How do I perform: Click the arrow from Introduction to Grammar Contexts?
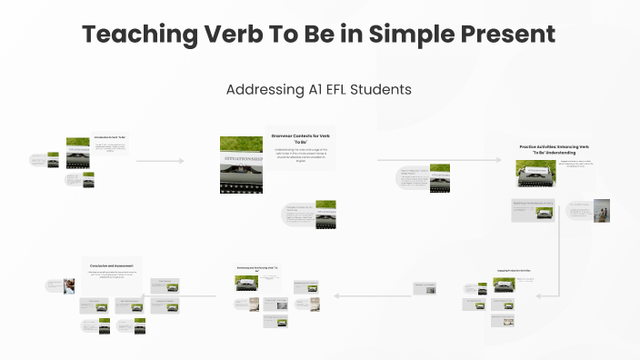coord(160,161)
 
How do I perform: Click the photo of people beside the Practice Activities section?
coord(603,212)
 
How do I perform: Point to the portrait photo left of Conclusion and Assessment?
coord(68,285)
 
